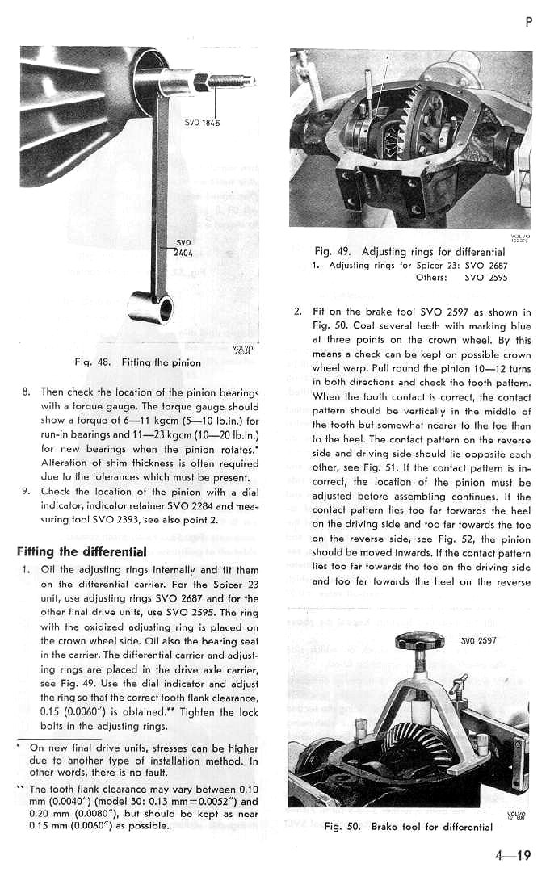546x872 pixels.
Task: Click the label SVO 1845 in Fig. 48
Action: pos(203,124)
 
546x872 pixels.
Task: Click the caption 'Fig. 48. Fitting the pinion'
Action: pos(137,363)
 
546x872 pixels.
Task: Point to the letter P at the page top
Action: pos(528,23)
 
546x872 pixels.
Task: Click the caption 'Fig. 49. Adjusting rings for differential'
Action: pos(409,252)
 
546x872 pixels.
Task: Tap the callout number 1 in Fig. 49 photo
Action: pos(387,59)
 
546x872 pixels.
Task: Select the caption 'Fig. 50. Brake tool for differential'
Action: pos(408,827)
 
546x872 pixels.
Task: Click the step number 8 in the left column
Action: pos(26,392)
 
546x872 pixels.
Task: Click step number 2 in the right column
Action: pos(297,312)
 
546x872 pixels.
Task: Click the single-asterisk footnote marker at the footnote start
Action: pos(18,747)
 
